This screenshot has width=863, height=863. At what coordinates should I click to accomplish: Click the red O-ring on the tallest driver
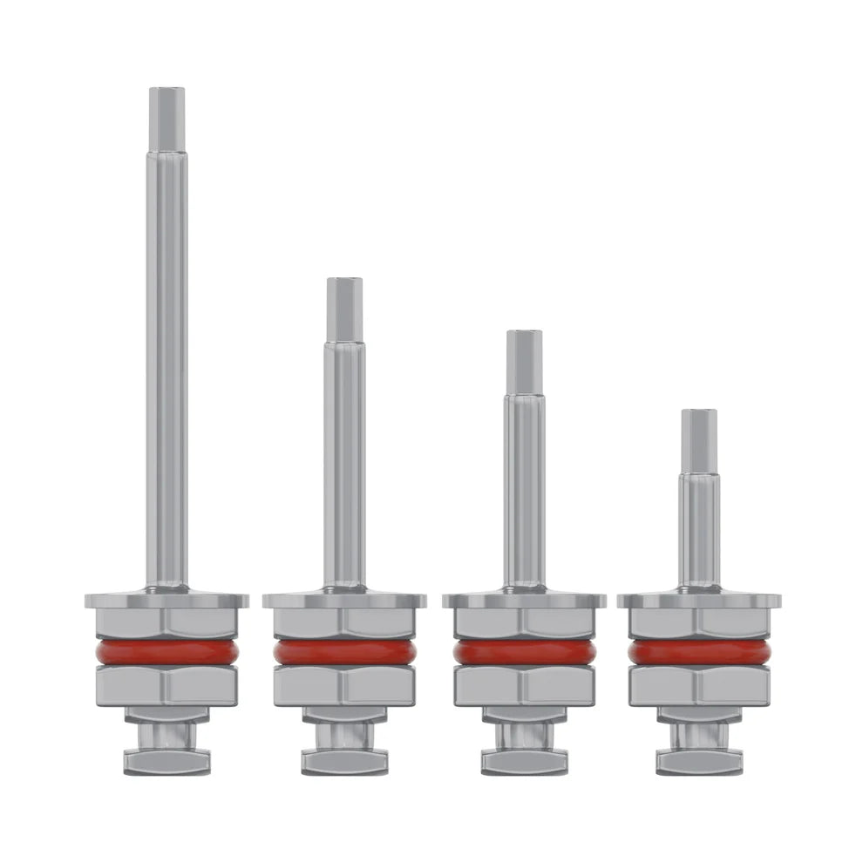(166, 653)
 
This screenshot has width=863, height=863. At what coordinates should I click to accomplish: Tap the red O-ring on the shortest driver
(698, 653)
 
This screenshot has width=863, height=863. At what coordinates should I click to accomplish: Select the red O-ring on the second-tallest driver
(344, 653)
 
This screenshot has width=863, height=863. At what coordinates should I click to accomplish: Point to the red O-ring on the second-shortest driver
(524, 653)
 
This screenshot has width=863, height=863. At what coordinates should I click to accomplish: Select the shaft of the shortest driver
(699, 532)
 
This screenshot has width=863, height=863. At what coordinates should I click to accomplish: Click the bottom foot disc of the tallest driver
(166, 763)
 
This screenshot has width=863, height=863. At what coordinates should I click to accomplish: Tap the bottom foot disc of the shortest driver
(698, 763)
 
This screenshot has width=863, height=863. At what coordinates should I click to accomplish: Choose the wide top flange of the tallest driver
(166, 600)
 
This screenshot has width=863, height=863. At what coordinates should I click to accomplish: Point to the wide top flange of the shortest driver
(698, 600)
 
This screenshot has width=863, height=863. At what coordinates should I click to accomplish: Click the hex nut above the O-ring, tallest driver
(166, 622)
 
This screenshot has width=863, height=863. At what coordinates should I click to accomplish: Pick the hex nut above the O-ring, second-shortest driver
(524, 622)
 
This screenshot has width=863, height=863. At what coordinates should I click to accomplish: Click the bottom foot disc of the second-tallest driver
(344, 763)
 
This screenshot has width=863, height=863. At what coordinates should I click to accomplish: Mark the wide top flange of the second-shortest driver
(524, 600)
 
